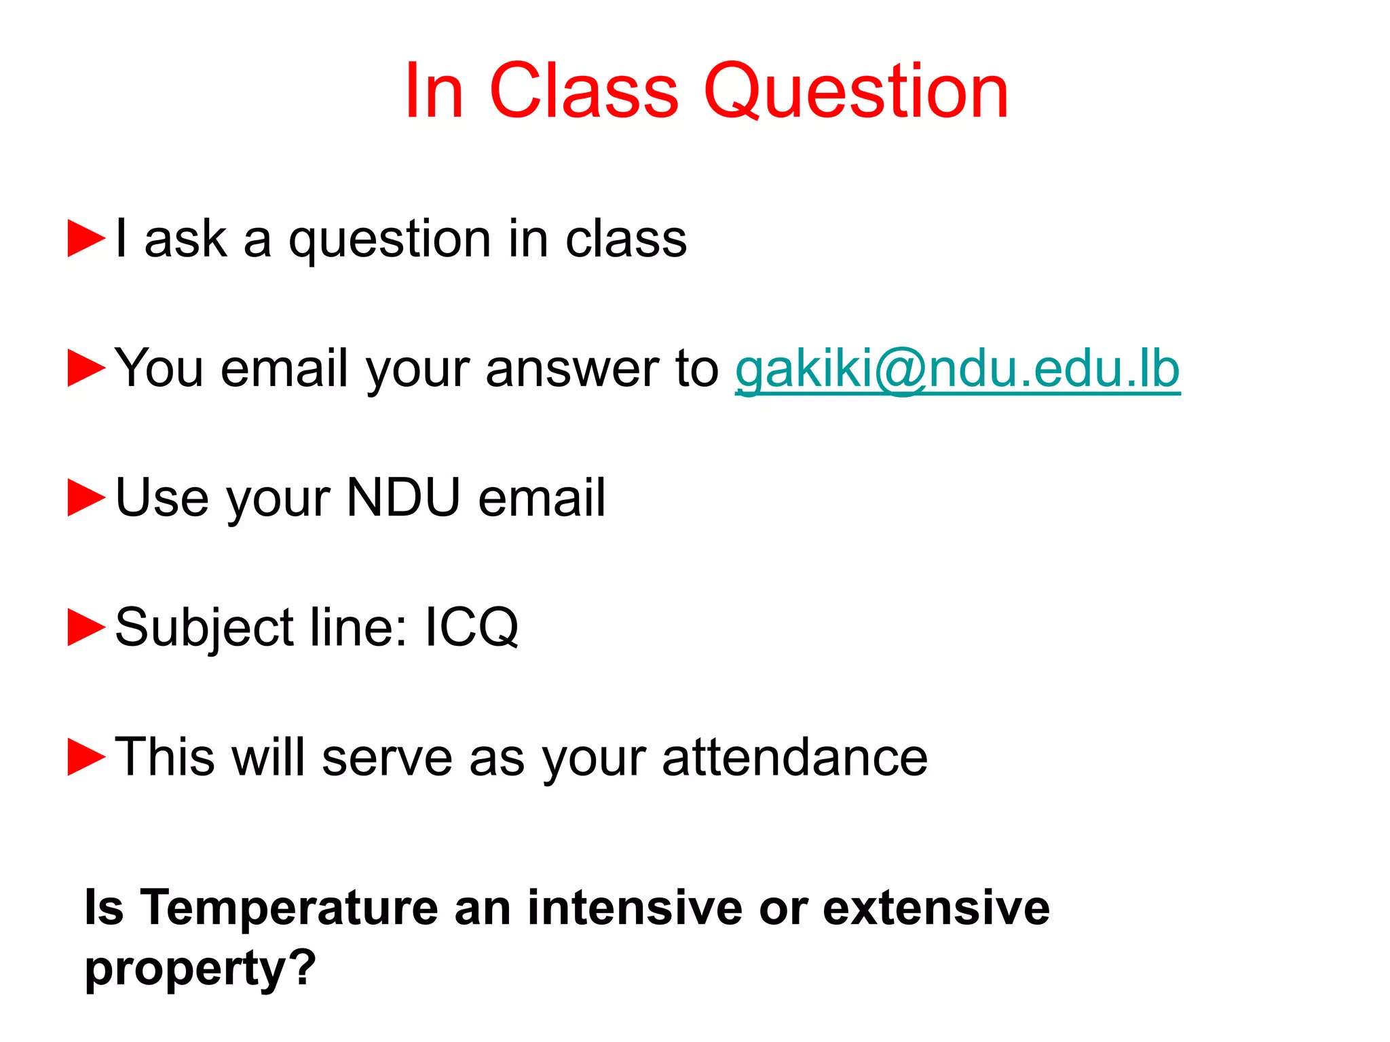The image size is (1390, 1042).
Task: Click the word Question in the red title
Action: tap(857, 92)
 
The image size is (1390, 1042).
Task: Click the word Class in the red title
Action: tap(583, 92)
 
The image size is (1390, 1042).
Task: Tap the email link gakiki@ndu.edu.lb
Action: tap(958, 370)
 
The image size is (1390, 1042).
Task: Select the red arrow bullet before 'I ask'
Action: tap(86, 239)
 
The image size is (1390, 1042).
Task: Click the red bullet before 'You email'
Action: tap(86, 368)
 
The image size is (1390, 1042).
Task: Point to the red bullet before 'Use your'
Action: tap(86, 498)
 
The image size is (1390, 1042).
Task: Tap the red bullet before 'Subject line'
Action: tap(86, 628)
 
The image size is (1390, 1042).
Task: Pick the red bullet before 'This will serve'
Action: tap(86, 757)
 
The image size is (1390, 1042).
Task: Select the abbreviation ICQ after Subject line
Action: tap(472, 628)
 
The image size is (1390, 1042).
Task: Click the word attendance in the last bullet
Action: tap(795, 757)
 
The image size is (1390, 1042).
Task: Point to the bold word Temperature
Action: tap(289, 908)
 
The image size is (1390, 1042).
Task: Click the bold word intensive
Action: tap(635, 908)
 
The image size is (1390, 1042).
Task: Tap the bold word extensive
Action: tap(936, 908)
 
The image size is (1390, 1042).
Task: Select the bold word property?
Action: tap(200, 969)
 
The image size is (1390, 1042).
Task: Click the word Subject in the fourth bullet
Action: tap(204, 628)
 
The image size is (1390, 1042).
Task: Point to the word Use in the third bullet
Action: tap(162, 498)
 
